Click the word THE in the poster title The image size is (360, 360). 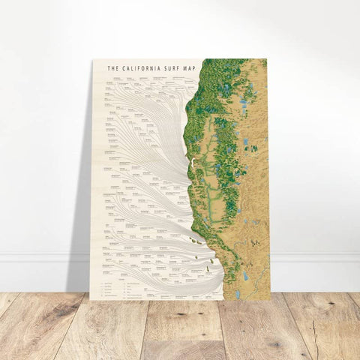click(113, 68)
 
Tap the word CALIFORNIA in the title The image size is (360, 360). click(138, 68)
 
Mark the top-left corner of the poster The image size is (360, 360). click(92, 59)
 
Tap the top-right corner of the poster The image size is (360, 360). click(268, 58)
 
